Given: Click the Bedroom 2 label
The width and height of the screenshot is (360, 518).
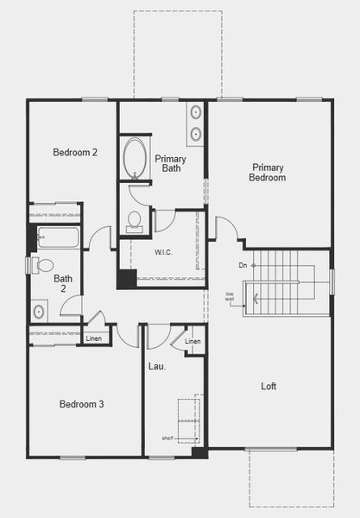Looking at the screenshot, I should click(74, 153).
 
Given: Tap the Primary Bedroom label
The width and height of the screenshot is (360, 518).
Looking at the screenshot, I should click(268, 172).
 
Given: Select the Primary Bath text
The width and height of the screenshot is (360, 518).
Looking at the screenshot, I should click(170, 163).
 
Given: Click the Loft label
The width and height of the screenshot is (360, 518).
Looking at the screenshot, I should click(268, 386).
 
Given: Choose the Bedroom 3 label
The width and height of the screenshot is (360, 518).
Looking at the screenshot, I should click(82, 404).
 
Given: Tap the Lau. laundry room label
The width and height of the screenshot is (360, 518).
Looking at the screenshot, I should click(157, 366).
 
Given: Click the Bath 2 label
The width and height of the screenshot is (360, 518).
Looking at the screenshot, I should click(63, 284).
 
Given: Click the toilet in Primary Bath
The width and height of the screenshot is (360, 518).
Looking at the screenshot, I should click(134, 221).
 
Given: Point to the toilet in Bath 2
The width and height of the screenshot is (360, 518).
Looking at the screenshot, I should click(43, 265).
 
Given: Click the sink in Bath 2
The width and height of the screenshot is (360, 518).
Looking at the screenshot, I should click(40, 311).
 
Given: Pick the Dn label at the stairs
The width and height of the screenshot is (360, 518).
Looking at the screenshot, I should click(243, 265).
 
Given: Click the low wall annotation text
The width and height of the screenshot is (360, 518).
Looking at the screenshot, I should click(231, 296).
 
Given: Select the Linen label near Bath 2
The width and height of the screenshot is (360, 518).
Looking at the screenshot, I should click(94, 338).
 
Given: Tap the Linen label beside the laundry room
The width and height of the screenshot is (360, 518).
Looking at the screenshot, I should click(193, 343).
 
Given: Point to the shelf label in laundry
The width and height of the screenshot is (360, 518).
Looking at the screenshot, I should click(167, 439).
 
